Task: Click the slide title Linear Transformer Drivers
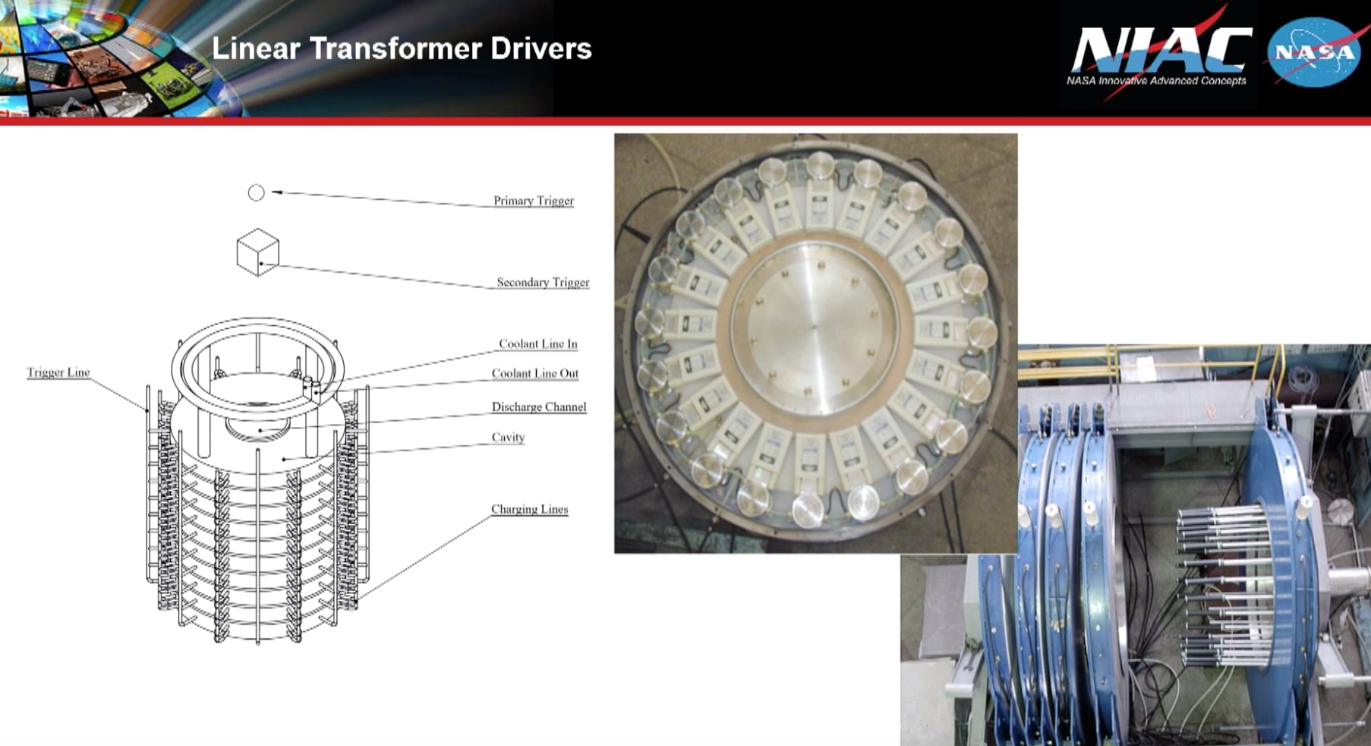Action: tap(401, 49)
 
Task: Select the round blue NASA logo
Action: tap(1314, 52)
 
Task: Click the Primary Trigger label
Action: tap(533, 201)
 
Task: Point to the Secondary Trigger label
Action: tap(542, 282)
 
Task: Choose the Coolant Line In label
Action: tap(537, 343)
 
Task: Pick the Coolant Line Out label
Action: tap(534, 373)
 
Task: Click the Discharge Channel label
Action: tap(538, 406)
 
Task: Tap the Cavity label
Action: tap(508, 437)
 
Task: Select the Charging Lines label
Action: tap(529, 509)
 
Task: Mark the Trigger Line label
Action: tap(58, 372)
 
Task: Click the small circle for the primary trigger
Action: tap(257, 193)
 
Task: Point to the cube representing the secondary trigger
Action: tap(257, 252)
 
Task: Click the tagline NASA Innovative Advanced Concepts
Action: tap(1155, 81)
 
